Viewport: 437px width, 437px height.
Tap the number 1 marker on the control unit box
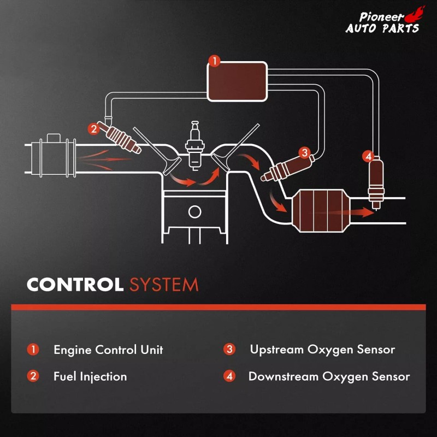click(215, 61)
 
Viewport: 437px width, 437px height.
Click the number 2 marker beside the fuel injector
click(94, 129)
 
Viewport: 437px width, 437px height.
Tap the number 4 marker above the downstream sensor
click(369, 157)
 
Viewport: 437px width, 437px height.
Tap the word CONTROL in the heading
click(75, 285)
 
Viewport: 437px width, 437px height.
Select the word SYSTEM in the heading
click(163, 285)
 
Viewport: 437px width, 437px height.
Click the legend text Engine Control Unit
click(108, 350)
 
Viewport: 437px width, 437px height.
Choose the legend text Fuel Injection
click(90, 376)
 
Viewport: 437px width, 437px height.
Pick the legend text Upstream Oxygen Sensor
click(322, 349)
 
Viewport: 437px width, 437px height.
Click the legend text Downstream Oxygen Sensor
click(329, 376)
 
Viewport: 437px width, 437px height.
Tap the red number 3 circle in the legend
click(229, 350)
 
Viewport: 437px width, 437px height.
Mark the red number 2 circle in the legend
click(33, 376)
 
